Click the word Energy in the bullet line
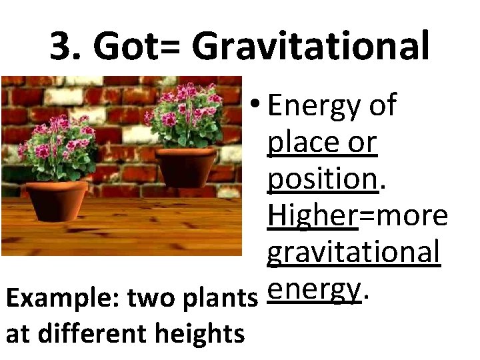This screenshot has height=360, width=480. [x=312, y=106]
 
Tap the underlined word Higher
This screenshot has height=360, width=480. [x=312, y=216]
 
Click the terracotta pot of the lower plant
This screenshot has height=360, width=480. [x=57, y=199]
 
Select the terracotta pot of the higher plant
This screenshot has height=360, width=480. [x=186, y=166]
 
